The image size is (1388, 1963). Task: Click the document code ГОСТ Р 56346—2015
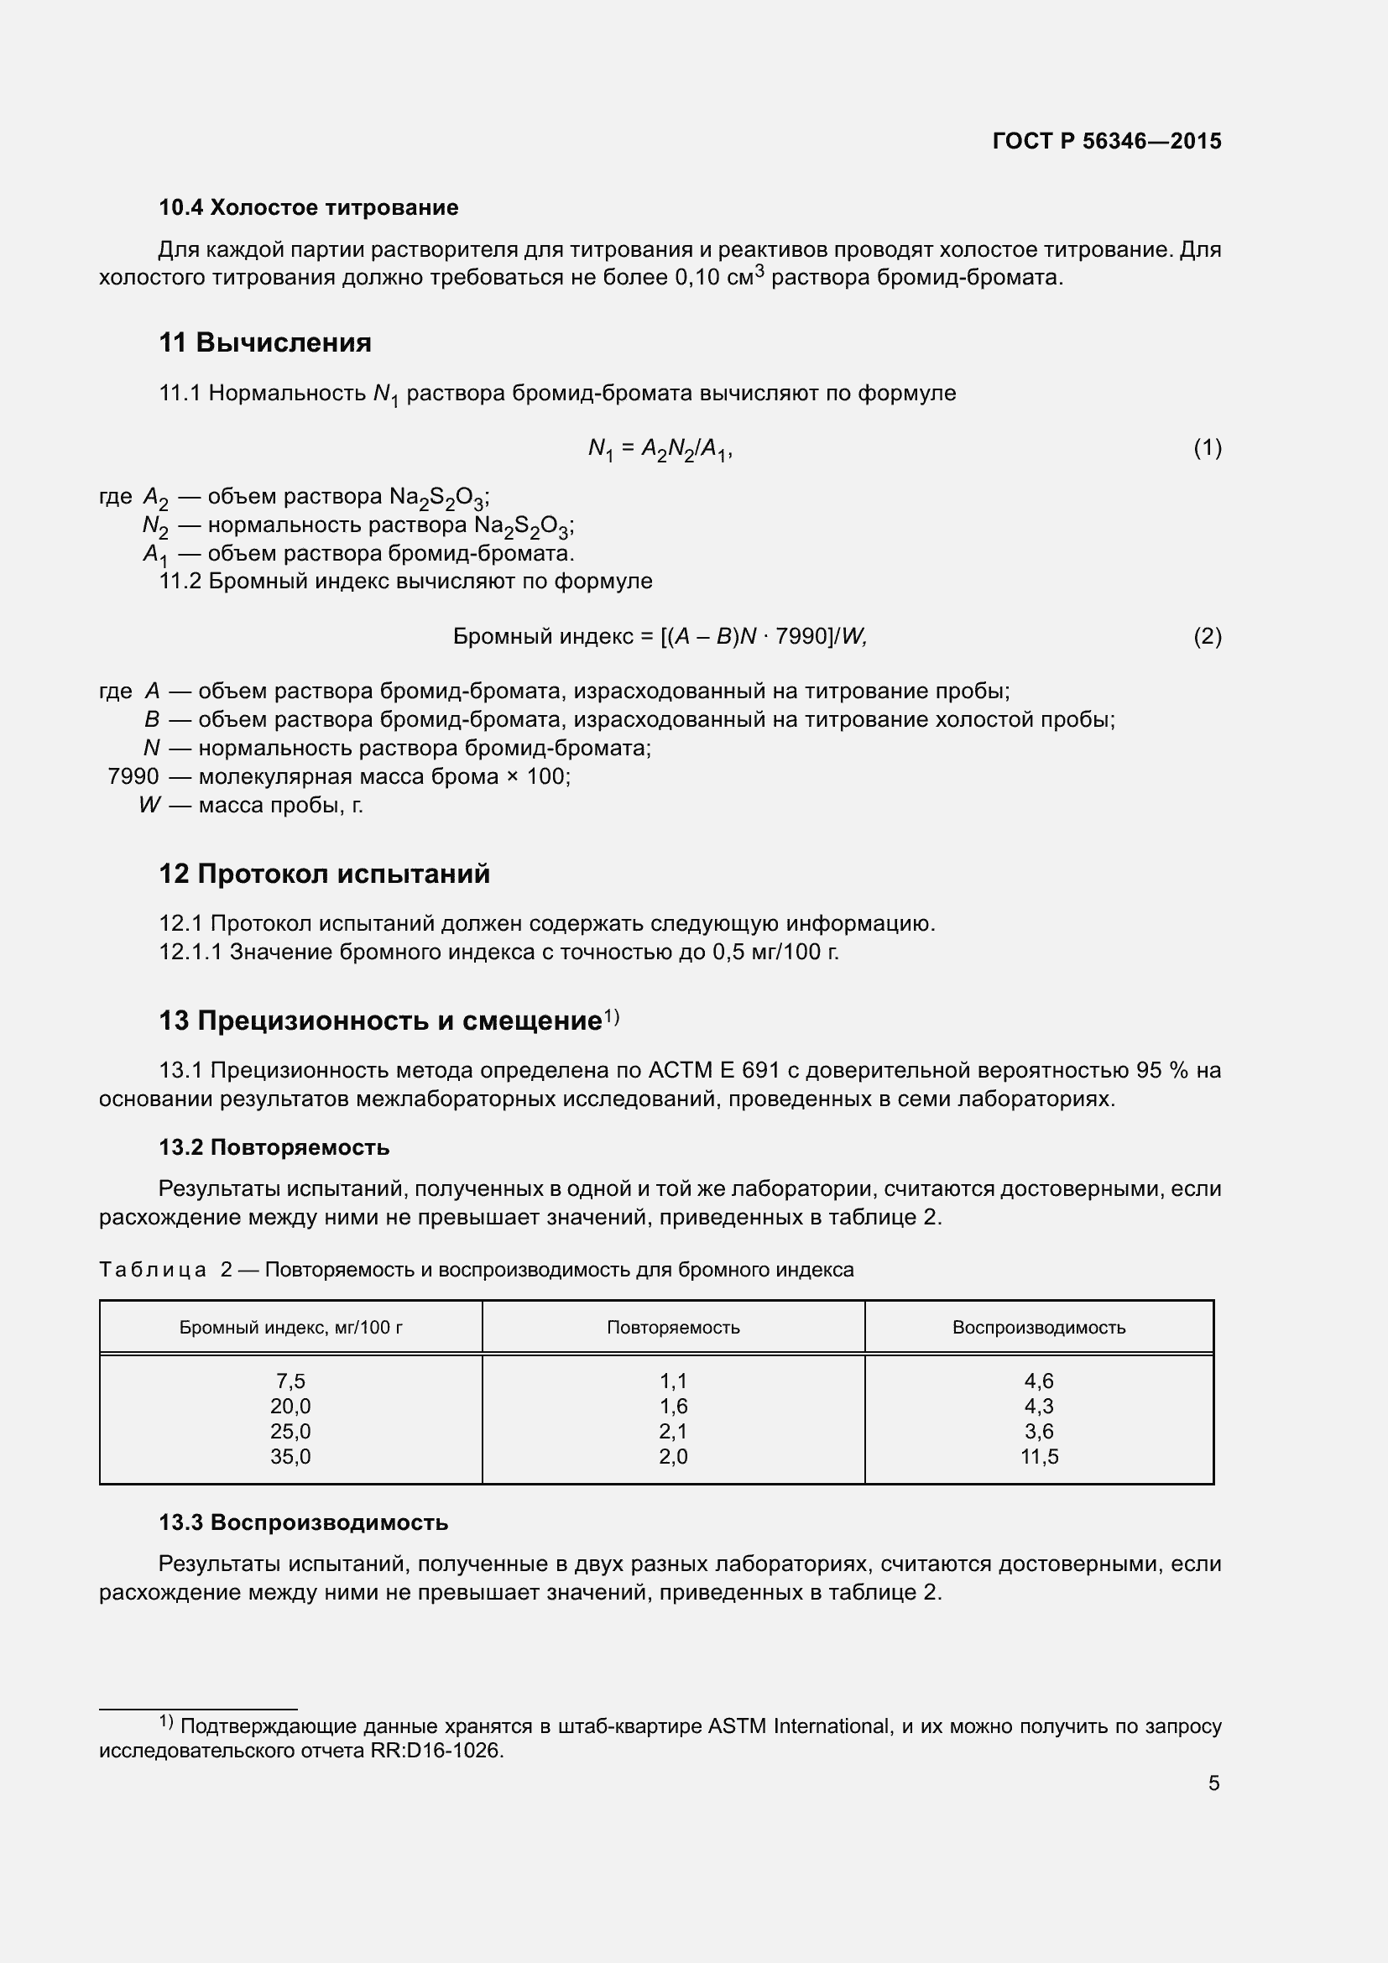tap(1107, 141)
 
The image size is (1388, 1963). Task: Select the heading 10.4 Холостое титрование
tap(308, 208)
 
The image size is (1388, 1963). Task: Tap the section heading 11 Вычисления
tap(265, 343)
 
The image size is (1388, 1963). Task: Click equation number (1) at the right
tap(1207, 447)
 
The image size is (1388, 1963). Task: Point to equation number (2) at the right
tap(1207, 636)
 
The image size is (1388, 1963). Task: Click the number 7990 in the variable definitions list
tap(133, 776)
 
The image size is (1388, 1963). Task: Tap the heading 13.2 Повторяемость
tap(274, 1147)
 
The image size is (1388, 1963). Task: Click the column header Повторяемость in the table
tap(673, 1328)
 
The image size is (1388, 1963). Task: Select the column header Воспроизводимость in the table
tap(1038, 1328)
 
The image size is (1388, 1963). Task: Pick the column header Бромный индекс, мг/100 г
tap(290, 1328)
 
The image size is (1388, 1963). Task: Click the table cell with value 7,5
tap(290, 1381)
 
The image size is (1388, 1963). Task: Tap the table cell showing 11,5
tap(1038, 1457)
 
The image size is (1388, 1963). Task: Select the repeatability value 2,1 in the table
tap(673, 1431)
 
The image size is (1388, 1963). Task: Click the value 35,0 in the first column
tap(290, 1457)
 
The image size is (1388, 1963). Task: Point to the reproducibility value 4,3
tap(1038, 1407)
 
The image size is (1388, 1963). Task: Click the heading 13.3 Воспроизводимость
tap(303, 1522)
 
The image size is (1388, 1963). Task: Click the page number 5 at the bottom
tap(1213, 1783)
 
